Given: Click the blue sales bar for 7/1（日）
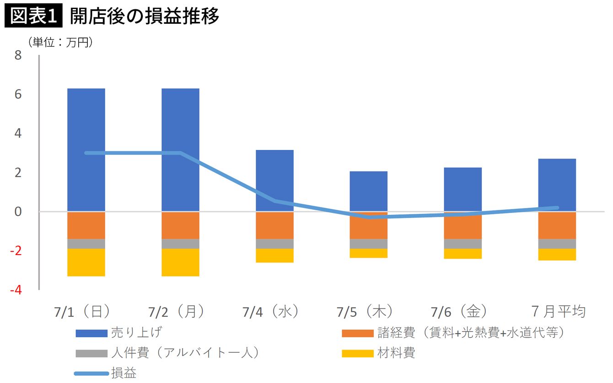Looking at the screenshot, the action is tap(86, 150).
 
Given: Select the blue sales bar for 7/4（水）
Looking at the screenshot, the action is tap(274, 181).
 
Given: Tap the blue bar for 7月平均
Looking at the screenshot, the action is tap(557, 185).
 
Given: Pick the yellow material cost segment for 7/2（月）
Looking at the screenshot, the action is tap(180, 262).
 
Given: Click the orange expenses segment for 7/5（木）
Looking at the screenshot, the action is tap(369, 225).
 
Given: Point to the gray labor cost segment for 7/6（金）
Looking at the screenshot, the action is tap(463, 244).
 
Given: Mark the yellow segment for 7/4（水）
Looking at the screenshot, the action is tap(274, 255).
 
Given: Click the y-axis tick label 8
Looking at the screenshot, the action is tap(18, 55).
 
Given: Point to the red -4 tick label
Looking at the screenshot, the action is tap(16, 290).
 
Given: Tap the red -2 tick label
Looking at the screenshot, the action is tap(16, 250).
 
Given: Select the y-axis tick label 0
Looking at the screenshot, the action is tap(18, 212).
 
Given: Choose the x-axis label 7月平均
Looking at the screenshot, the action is tap(559, 312).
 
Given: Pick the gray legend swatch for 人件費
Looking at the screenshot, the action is tap(91, 353).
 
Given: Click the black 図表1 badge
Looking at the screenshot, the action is tap(33, 15).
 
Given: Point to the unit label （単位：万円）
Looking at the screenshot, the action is tap(60, 43).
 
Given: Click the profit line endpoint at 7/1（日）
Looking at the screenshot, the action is tap(86, 153).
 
